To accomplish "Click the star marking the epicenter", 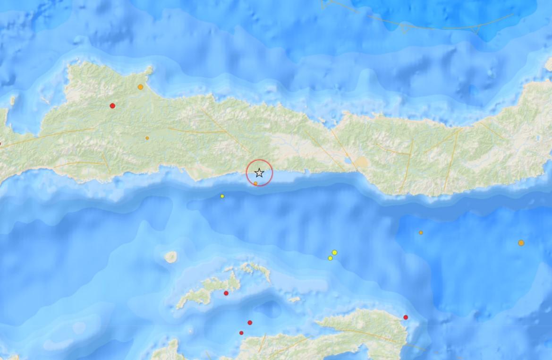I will (x=259, y=173).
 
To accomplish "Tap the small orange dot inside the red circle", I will (x=255, y=183).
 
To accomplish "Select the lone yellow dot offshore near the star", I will (x=222, y=196).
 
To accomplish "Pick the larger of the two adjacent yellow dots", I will (x=334, y=252).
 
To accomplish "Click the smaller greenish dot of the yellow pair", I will (x=330, y=258).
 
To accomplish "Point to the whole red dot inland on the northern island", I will (x=112, y=106).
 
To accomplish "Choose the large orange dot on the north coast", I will (x=140, y=87).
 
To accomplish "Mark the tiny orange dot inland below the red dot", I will (x=147, y=138).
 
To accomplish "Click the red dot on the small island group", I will (x=226, y=293).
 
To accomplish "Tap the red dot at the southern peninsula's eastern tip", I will (x=406, y=317).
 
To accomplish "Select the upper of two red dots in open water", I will (x=250, y=323).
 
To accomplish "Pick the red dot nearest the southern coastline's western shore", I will (x=241, y=333).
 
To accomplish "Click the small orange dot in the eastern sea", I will (x=421, y=232).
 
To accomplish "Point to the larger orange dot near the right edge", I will (x=521, y=243).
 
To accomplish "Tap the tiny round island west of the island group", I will (x=170, y=257).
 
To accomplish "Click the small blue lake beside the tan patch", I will (x=350, y=161).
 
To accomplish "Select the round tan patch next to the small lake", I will (x=361, y=162).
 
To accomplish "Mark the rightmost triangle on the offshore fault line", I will (x=476, y=29).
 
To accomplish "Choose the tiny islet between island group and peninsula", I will (x=294, y=299).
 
